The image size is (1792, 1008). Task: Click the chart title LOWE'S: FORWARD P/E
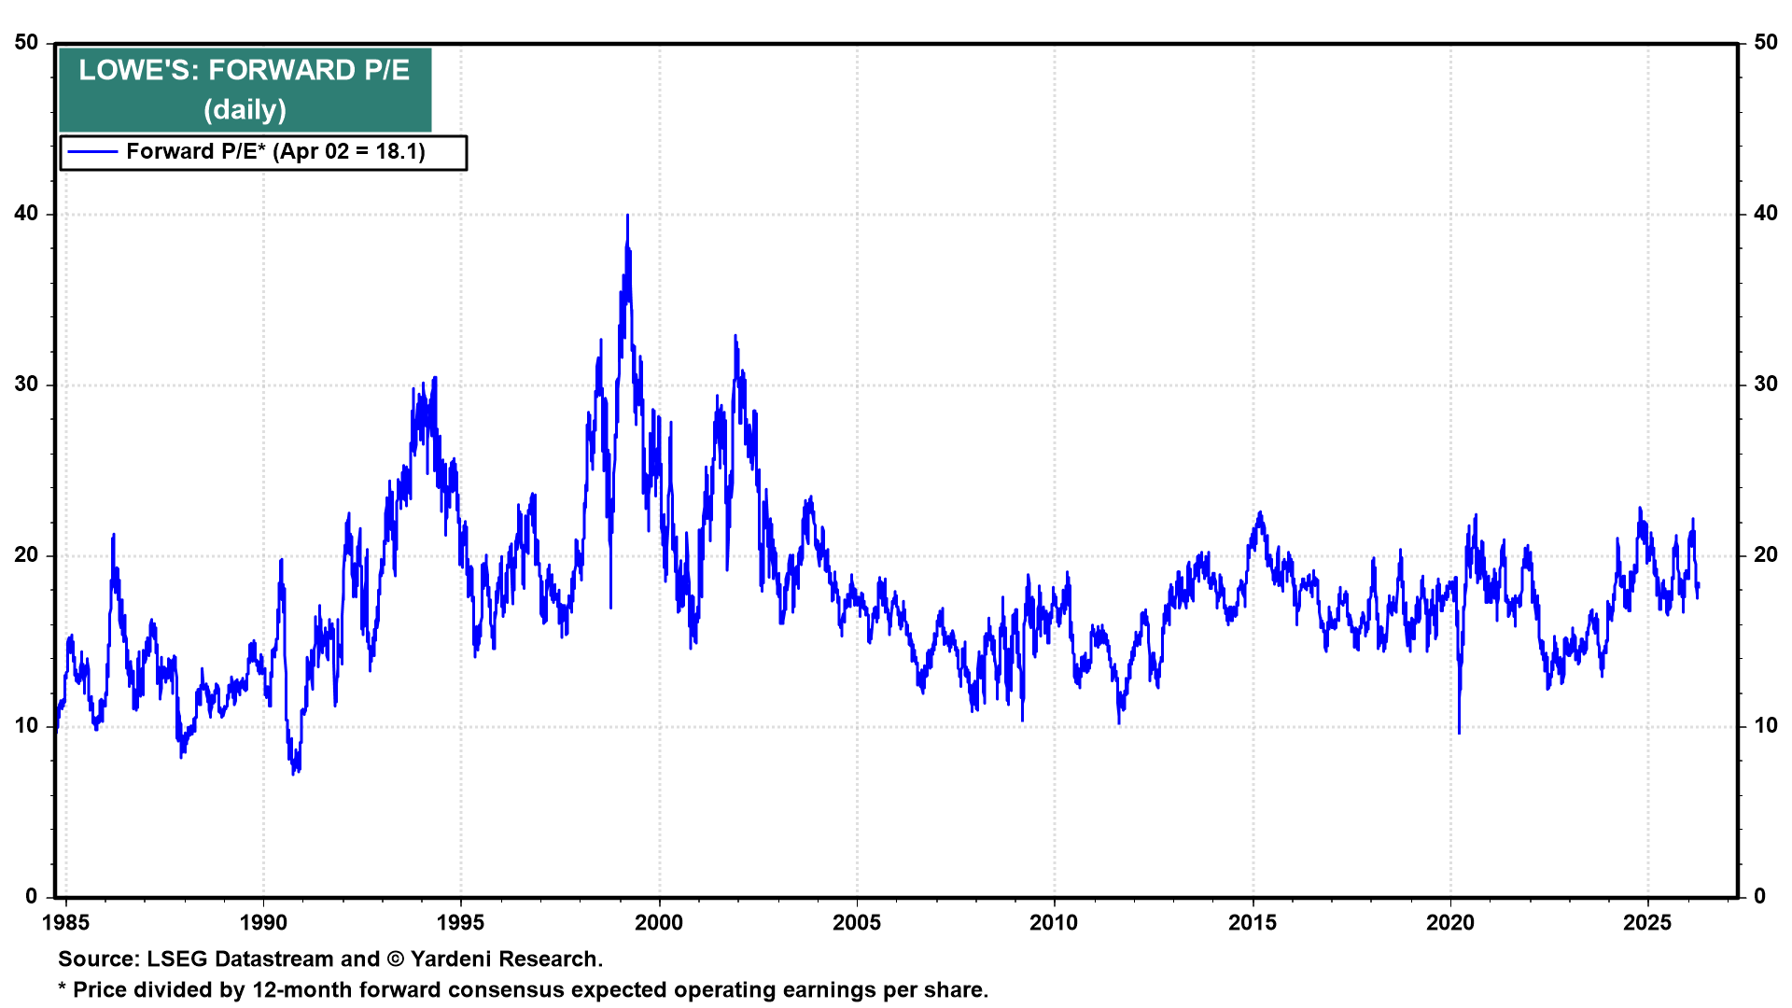(x=245, y=70)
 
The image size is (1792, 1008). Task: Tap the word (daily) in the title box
(x=245, y=110)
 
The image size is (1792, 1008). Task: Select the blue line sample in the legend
(x=92, y=152)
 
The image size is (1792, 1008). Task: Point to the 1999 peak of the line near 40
(x=627, y=217)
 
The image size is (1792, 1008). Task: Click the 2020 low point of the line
(x=1459, y=732)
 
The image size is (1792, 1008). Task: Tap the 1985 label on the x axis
(x=65, y=923)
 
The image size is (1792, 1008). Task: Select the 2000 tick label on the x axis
(x=659, y=923)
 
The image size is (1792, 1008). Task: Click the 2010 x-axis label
(x=1054, y=923)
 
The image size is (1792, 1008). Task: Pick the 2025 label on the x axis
(x=1647, y=923)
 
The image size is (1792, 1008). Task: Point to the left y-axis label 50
(x=26, y=43)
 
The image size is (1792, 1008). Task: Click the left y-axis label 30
(x=26, y=385)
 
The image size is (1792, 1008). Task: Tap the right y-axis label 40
(x=1765, y=214)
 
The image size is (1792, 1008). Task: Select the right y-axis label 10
(x=1765, y=726)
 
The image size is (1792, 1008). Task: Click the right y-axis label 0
(x=1759, y=897)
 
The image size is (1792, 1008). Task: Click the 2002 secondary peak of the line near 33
(x=735, y=336)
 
